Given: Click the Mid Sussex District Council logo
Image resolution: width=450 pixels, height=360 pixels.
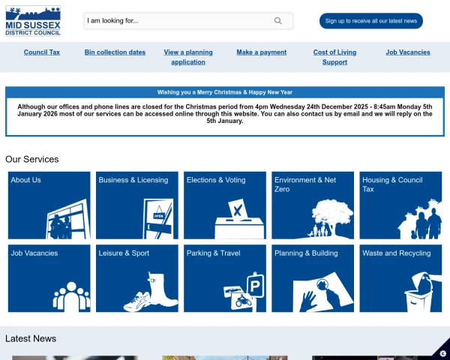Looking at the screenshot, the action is [33, 21].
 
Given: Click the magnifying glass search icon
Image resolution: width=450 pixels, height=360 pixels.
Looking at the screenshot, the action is [277, 21].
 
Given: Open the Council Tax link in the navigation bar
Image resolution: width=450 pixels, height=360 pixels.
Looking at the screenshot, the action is [42, 52].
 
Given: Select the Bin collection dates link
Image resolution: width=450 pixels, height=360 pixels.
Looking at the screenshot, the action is [115, 52].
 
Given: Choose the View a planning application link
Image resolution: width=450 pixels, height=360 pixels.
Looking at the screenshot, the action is [188, 57].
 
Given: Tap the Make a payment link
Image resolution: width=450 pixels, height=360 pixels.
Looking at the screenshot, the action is [262, 52].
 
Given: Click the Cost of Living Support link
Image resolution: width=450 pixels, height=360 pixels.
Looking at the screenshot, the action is [334, 57].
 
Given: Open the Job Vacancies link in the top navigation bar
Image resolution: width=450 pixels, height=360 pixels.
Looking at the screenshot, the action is [408, 52].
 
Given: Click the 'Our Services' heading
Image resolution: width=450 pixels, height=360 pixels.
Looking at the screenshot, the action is [31, 159].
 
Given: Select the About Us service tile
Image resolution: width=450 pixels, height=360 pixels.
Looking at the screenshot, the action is [49, 205].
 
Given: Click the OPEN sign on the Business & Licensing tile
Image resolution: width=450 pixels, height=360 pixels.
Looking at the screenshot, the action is [159, 216].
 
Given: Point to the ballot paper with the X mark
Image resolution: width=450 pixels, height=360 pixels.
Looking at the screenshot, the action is [238, 210].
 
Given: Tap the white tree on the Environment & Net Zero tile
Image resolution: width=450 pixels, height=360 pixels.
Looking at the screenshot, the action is [333, 214].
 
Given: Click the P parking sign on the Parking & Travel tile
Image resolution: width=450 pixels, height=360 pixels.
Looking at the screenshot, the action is [254, 286].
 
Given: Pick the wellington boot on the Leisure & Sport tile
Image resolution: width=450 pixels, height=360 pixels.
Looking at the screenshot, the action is [161, 289].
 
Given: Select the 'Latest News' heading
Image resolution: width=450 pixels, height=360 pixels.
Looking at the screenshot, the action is [31, 338].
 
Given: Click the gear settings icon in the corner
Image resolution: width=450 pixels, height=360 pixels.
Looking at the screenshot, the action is [442, 353].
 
